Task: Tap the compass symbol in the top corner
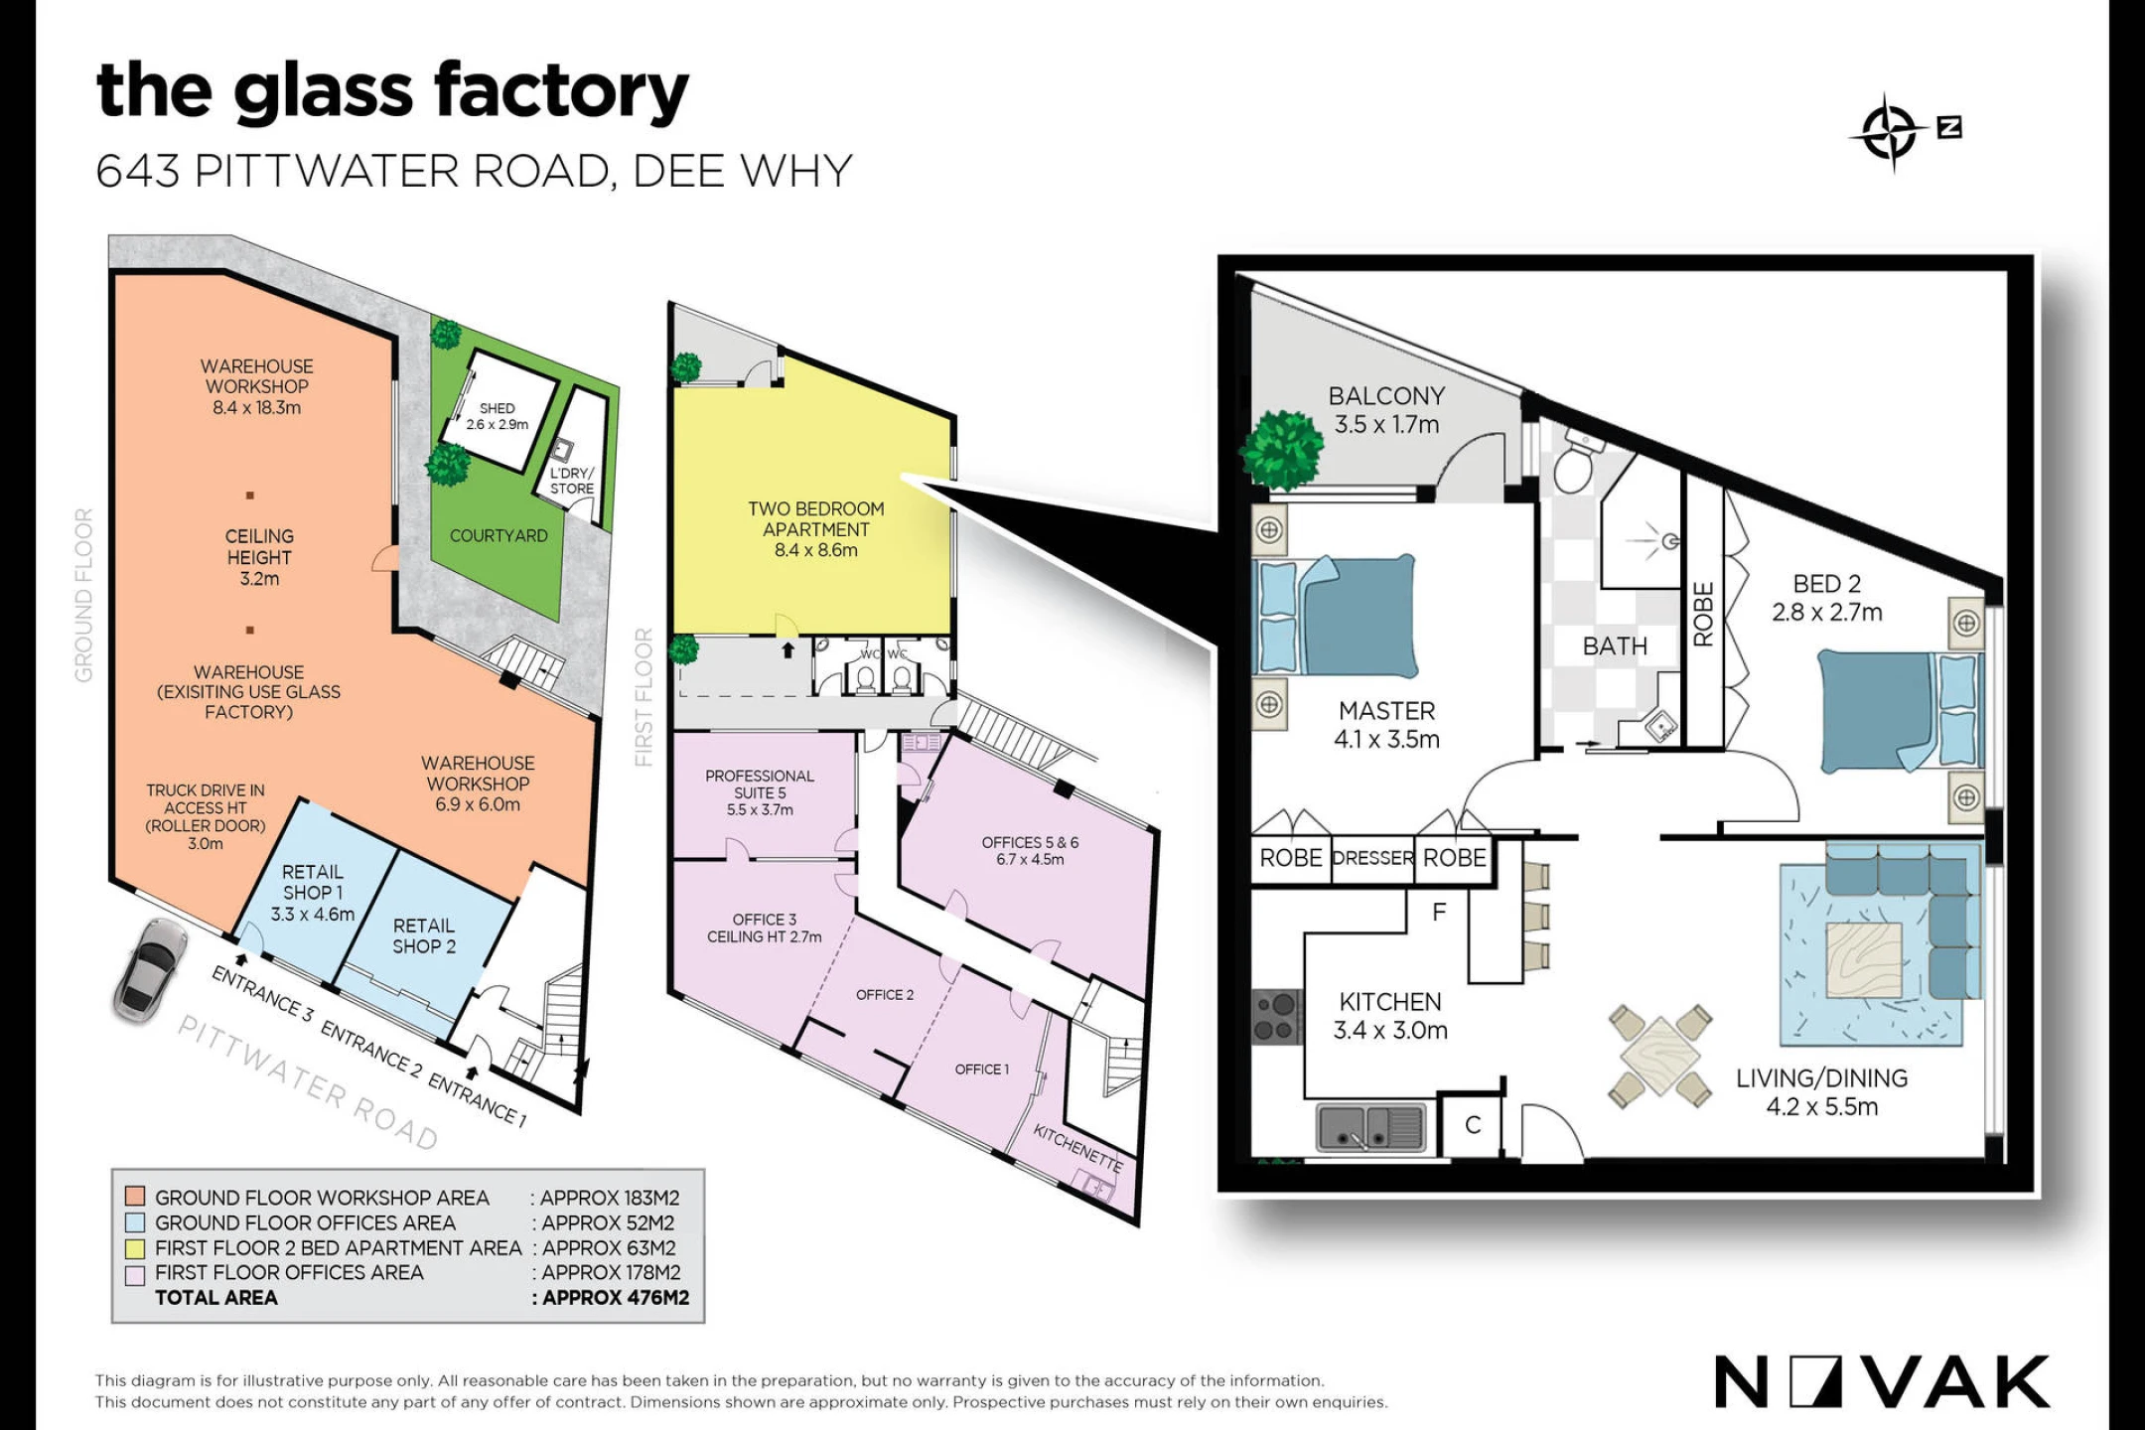[1889, 132]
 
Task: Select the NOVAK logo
[1882, 1381]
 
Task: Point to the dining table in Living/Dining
[1660, 1056]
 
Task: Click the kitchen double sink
[1371, 1128]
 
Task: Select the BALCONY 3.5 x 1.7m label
[1386, 410]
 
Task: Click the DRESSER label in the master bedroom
[1372, 858]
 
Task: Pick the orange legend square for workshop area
[136, 1197]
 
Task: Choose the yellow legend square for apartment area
[136, 1248]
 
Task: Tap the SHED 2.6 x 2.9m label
[498, 416]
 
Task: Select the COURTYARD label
[499, 536]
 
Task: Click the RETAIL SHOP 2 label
[424, 936]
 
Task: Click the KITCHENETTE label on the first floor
[1078, 1148]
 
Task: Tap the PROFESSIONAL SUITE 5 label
[760, 792]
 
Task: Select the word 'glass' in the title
[323, 91]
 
